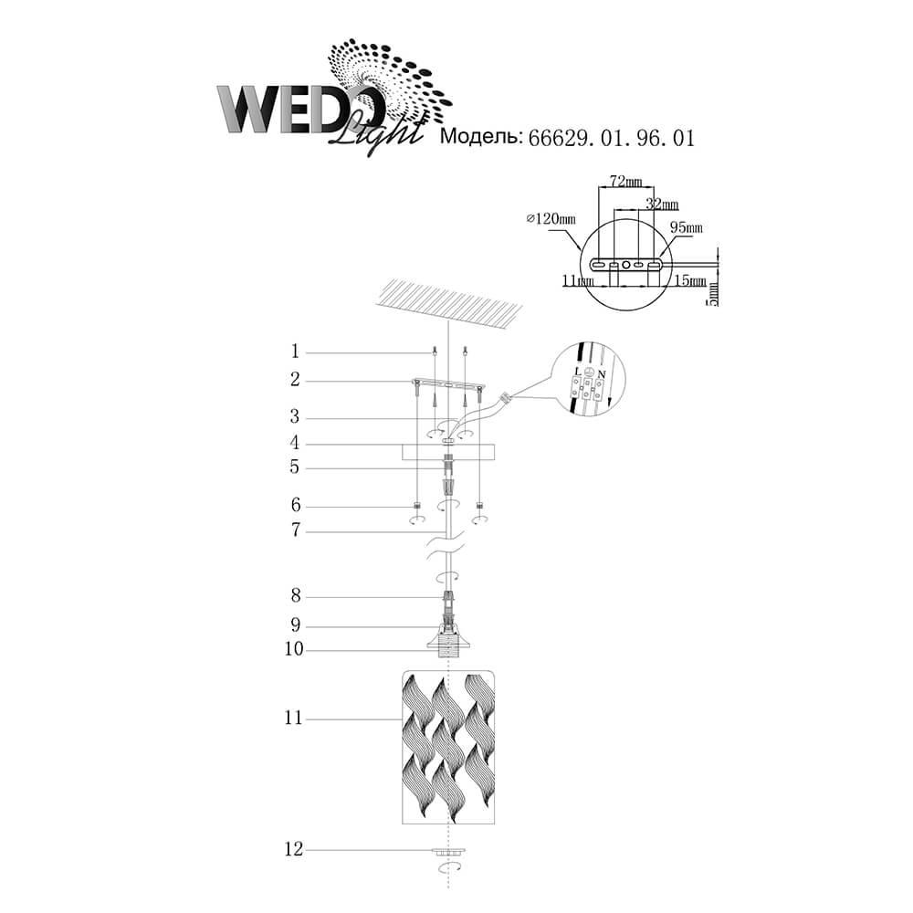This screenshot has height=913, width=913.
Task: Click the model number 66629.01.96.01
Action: click(611, 138)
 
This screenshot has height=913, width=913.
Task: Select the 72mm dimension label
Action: click(625, 181)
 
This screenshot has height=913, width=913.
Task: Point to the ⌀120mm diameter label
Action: click(551, 218)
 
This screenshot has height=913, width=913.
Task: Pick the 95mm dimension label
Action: click(686, 226)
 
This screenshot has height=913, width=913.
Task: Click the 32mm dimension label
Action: click(662, 204)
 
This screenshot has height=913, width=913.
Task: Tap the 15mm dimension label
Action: click(690, 280)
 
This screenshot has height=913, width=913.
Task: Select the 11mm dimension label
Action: click(578, 280)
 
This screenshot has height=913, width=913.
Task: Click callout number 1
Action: click(295, 352)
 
